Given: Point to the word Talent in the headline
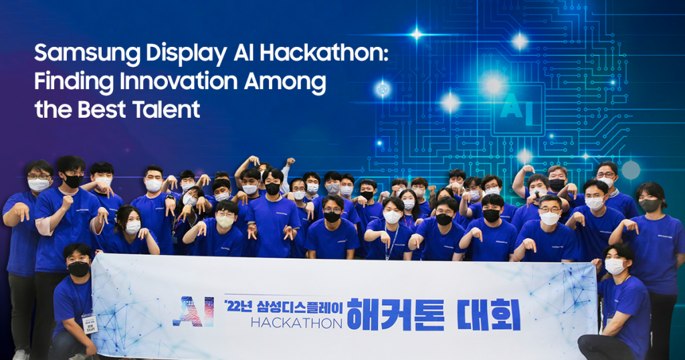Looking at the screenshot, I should [x=167, y=109].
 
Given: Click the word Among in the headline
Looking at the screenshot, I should [x=289, y=82].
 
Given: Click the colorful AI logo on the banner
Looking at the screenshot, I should [x=193, y=311].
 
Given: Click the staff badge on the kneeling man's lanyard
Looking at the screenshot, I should [x=89, y=323].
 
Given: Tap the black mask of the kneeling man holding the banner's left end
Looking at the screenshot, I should [x=78, y=269].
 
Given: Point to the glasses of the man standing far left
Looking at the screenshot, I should [x=38, y=176].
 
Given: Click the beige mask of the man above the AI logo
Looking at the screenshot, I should [x=225, y=221].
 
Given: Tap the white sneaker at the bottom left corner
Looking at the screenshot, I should [x=21, y=354].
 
